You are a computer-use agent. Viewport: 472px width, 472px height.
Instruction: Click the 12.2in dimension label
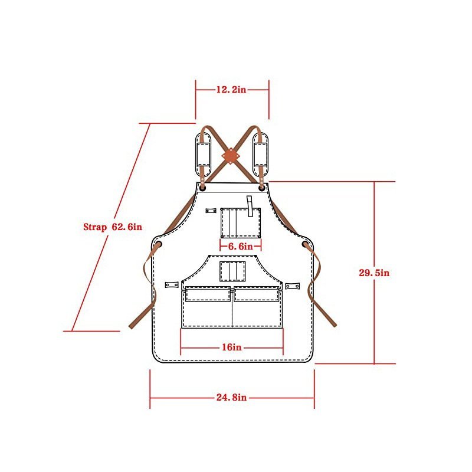coord(231,90)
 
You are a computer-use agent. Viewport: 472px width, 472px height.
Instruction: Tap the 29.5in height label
coord(374,273)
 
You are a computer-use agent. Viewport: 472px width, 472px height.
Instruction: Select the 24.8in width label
coord(231,397)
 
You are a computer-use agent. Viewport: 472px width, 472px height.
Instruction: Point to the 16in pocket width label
coord(231,347)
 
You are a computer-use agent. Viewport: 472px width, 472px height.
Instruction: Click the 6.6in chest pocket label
coord(241,246)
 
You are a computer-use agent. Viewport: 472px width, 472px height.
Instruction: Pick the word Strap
coord(95,227)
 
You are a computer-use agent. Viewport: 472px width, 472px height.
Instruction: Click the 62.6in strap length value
coord(127,227)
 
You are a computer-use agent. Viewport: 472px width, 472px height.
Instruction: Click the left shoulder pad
coord(204,155)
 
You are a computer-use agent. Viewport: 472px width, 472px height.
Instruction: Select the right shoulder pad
coord(260,155)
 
